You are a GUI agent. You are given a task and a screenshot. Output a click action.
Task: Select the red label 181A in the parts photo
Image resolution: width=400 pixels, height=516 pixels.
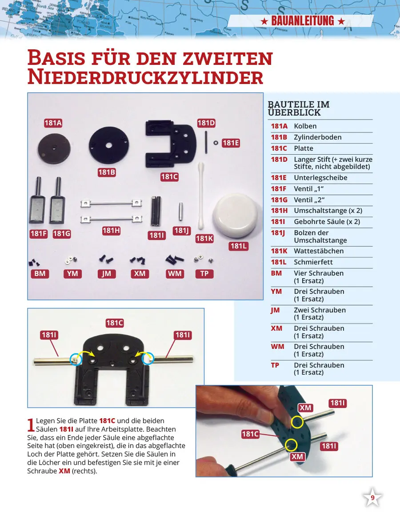(x=53, y=123)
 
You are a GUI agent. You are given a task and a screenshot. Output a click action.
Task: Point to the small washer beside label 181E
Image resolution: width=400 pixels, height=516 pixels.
(x=216, y=143)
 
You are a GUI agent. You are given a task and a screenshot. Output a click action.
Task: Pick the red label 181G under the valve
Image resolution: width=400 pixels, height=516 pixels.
(x=62, y=234)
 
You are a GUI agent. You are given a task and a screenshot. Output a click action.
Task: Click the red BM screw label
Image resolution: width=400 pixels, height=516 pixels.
(x=40, y=274)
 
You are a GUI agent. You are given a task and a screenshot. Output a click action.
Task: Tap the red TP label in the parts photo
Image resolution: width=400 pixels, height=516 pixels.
(x=204, y=274)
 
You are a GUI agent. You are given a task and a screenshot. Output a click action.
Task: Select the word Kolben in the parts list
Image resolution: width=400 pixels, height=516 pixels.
(x=305, y=126)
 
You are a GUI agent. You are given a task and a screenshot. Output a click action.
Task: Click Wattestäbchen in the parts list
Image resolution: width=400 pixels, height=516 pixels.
(x=319, y=251)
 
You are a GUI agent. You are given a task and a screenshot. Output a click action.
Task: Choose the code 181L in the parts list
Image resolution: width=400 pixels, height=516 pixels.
(x=279, y=262)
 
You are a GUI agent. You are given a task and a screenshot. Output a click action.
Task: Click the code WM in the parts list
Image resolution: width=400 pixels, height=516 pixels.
(x=278, y=347)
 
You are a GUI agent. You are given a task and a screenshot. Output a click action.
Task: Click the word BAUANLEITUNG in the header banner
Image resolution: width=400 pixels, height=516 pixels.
(x=302, y=21)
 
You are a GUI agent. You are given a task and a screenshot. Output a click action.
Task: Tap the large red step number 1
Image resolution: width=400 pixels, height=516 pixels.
(x=31, y=424)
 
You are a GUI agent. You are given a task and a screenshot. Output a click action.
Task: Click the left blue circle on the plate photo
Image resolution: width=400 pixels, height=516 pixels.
(x=76, y=359)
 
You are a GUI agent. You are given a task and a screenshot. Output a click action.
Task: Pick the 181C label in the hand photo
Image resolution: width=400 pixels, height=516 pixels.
(x=250, y=434)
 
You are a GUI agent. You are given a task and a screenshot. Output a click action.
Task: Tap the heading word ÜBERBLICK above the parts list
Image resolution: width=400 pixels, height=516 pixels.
(x=294, y=112)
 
